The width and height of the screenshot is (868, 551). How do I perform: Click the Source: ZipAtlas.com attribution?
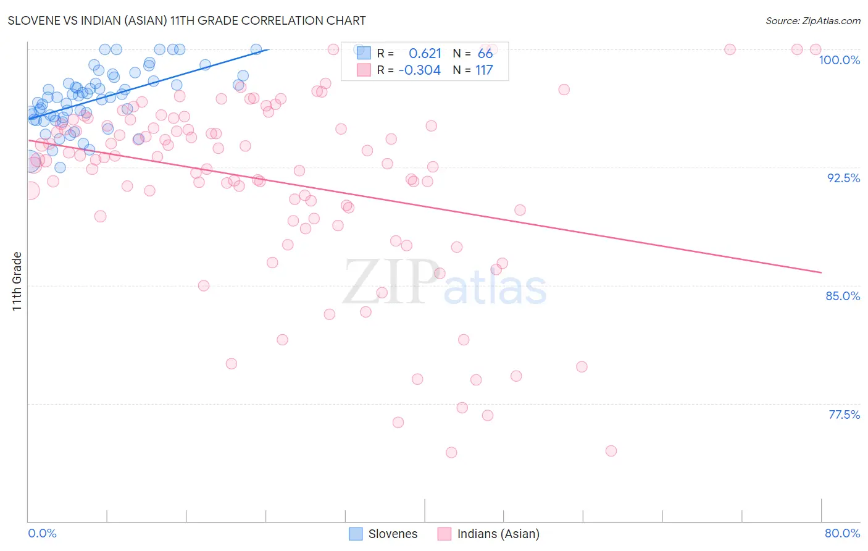click(x=812, y=21)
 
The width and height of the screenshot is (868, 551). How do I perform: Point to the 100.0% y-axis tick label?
click(x=839, y=60)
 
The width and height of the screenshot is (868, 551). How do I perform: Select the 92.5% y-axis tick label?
click(x=843, y=178)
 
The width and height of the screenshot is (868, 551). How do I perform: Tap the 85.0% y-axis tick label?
click(x=843, y=296)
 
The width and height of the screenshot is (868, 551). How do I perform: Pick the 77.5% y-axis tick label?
click(x=844, y=414)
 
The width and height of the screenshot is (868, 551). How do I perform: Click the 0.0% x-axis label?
click(x=42, y=533)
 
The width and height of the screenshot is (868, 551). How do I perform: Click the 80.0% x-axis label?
click(x=842, y=533)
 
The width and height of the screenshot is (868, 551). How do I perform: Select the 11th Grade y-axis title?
click(x=17, y=281)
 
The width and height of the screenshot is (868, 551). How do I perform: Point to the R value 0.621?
click(x=425, y=54)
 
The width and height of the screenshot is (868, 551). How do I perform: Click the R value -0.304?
click(x=420, y=70)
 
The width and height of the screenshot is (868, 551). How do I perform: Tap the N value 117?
click(x=484, y=70)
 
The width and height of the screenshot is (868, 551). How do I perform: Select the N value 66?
click(x=485, y=54)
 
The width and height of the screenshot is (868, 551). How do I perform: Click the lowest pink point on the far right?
click(x=611, y=451)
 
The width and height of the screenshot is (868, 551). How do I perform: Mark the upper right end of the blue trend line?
click(x=269, y=49)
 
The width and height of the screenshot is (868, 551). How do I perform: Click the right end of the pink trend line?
click(x=821, y=272)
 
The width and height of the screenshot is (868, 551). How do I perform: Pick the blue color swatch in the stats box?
click(x=364, y=54)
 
